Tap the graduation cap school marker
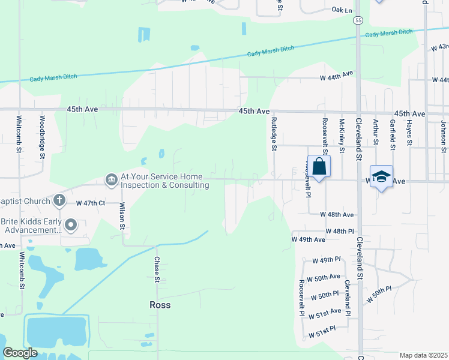click(381, 176)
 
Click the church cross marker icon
click(59, 200)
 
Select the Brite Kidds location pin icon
click(71, 225)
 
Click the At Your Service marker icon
click(111, 179)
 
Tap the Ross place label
click(160, 305)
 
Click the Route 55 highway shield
click(358, 20)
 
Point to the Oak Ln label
click(342, 10)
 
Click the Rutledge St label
click(273, 133)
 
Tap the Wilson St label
click(122, 216)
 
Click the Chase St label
click(157, 270)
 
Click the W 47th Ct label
click(91, 203)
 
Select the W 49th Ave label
click(308, 239)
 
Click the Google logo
click(20, 353)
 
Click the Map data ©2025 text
click(423, 355)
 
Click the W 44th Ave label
click(336, 77)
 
